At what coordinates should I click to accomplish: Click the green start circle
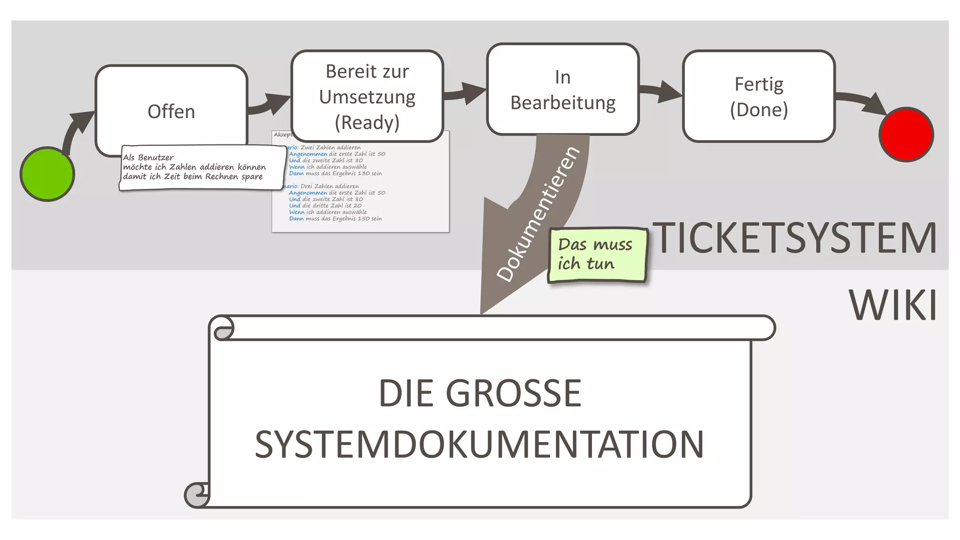tap(47, 174)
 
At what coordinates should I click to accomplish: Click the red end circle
tap(906, 135)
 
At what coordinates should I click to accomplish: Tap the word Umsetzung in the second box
tap(367, 97)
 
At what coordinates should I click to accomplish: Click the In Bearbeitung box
tap(562, 90)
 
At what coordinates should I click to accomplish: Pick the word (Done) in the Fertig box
tap(758, 110)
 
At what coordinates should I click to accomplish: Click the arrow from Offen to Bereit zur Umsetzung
tap(270, 105)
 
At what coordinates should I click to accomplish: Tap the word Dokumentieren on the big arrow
tap(538, 214)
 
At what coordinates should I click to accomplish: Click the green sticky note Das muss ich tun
tap(597, 255)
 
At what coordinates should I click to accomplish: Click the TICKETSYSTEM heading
tap(794, 238)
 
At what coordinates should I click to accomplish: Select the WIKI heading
tap(893, 305)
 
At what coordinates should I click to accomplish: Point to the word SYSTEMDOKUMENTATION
tap(479, 444)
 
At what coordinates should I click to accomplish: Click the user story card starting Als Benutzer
tap(202, 167)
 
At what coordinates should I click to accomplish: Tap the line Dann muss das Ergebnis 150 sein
tap(335, 218)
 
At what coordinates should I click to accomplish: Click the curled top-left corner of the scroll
tap(222, 328)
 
